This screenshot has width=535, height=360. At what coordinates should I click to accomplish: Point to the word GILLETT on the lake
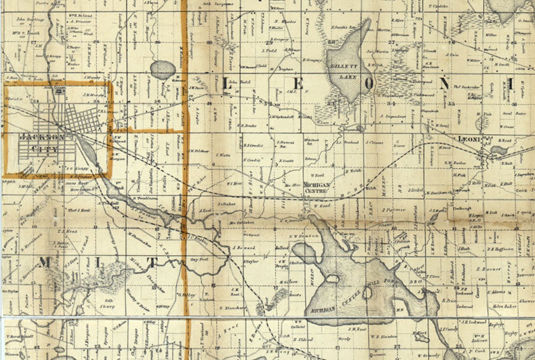pyautogui.click(x=344, y=66)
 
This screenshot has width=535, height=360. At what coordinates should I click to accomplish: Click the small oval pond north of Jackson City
pyautogui.click(x=163, y=70)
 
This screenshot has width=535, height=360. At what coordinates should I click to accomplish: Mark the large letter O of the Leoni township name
pyautogui.click(x=369, y=84)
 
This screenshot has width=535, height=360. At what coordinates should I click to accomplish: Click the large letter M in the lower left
pyautogui.click(x=44, y=262)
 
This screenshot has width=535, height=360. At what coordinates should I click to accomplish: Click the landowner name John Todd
pyautogui.click(x=235, y=82)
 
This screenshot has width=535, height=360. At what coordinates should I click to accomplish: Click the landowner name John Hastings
pyautogui.click(x=30, y=20)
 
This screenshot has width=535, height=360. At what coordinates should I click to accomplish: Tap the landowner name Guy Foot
pyautogui.click(x=199, y=260)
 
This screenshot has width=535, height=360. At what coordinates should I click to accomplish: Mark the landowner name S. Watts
pyautogui.click(x=223, y=155)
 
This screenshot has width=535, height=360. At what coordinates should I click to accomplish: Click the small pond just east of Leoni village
pyautogui.click(x=499, y=150)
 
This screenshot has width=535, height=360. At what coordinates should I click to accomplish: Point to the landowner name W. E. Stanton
pyautogui.click(x=384, y=336)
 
